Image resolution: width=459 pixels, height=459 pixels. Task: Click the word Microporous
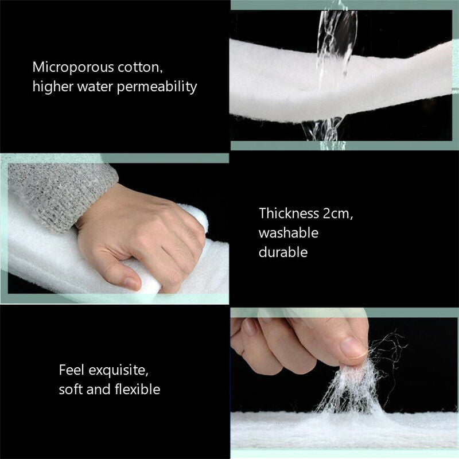point(73,68)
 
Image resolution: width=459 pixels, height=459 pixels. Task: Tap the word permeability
point(157,87)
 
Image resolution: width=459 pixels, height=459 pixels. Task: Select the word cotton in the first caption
point(140,68)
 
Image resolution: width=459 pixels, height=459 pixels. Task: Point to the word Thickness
point(289,213)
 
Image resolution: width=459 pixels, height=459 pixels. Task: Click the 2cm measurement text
point(338,213)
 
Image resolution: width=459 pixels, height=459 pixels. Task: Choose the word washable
point(289,233)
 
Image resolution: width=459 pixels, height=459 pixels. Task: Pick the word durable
point(283,252)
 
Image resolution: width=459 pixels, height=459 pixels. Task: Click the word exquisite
point(118,371)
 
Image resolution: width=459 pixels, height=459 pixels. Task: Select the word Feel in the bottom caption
point(72,370)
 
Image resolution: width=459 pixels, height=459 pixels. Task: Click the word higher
point(53,87)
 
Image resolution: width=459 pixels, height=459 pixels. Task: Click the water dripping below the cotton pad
point(322,130)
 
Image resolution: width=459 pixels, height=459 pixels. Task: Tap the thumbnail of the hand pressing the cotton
point(115,228)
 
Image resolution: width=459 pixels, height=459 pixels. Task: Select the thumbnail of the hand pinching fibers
point(345,383)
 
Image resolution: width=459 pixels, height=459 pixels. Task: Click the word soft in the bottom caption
point(71,390)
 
